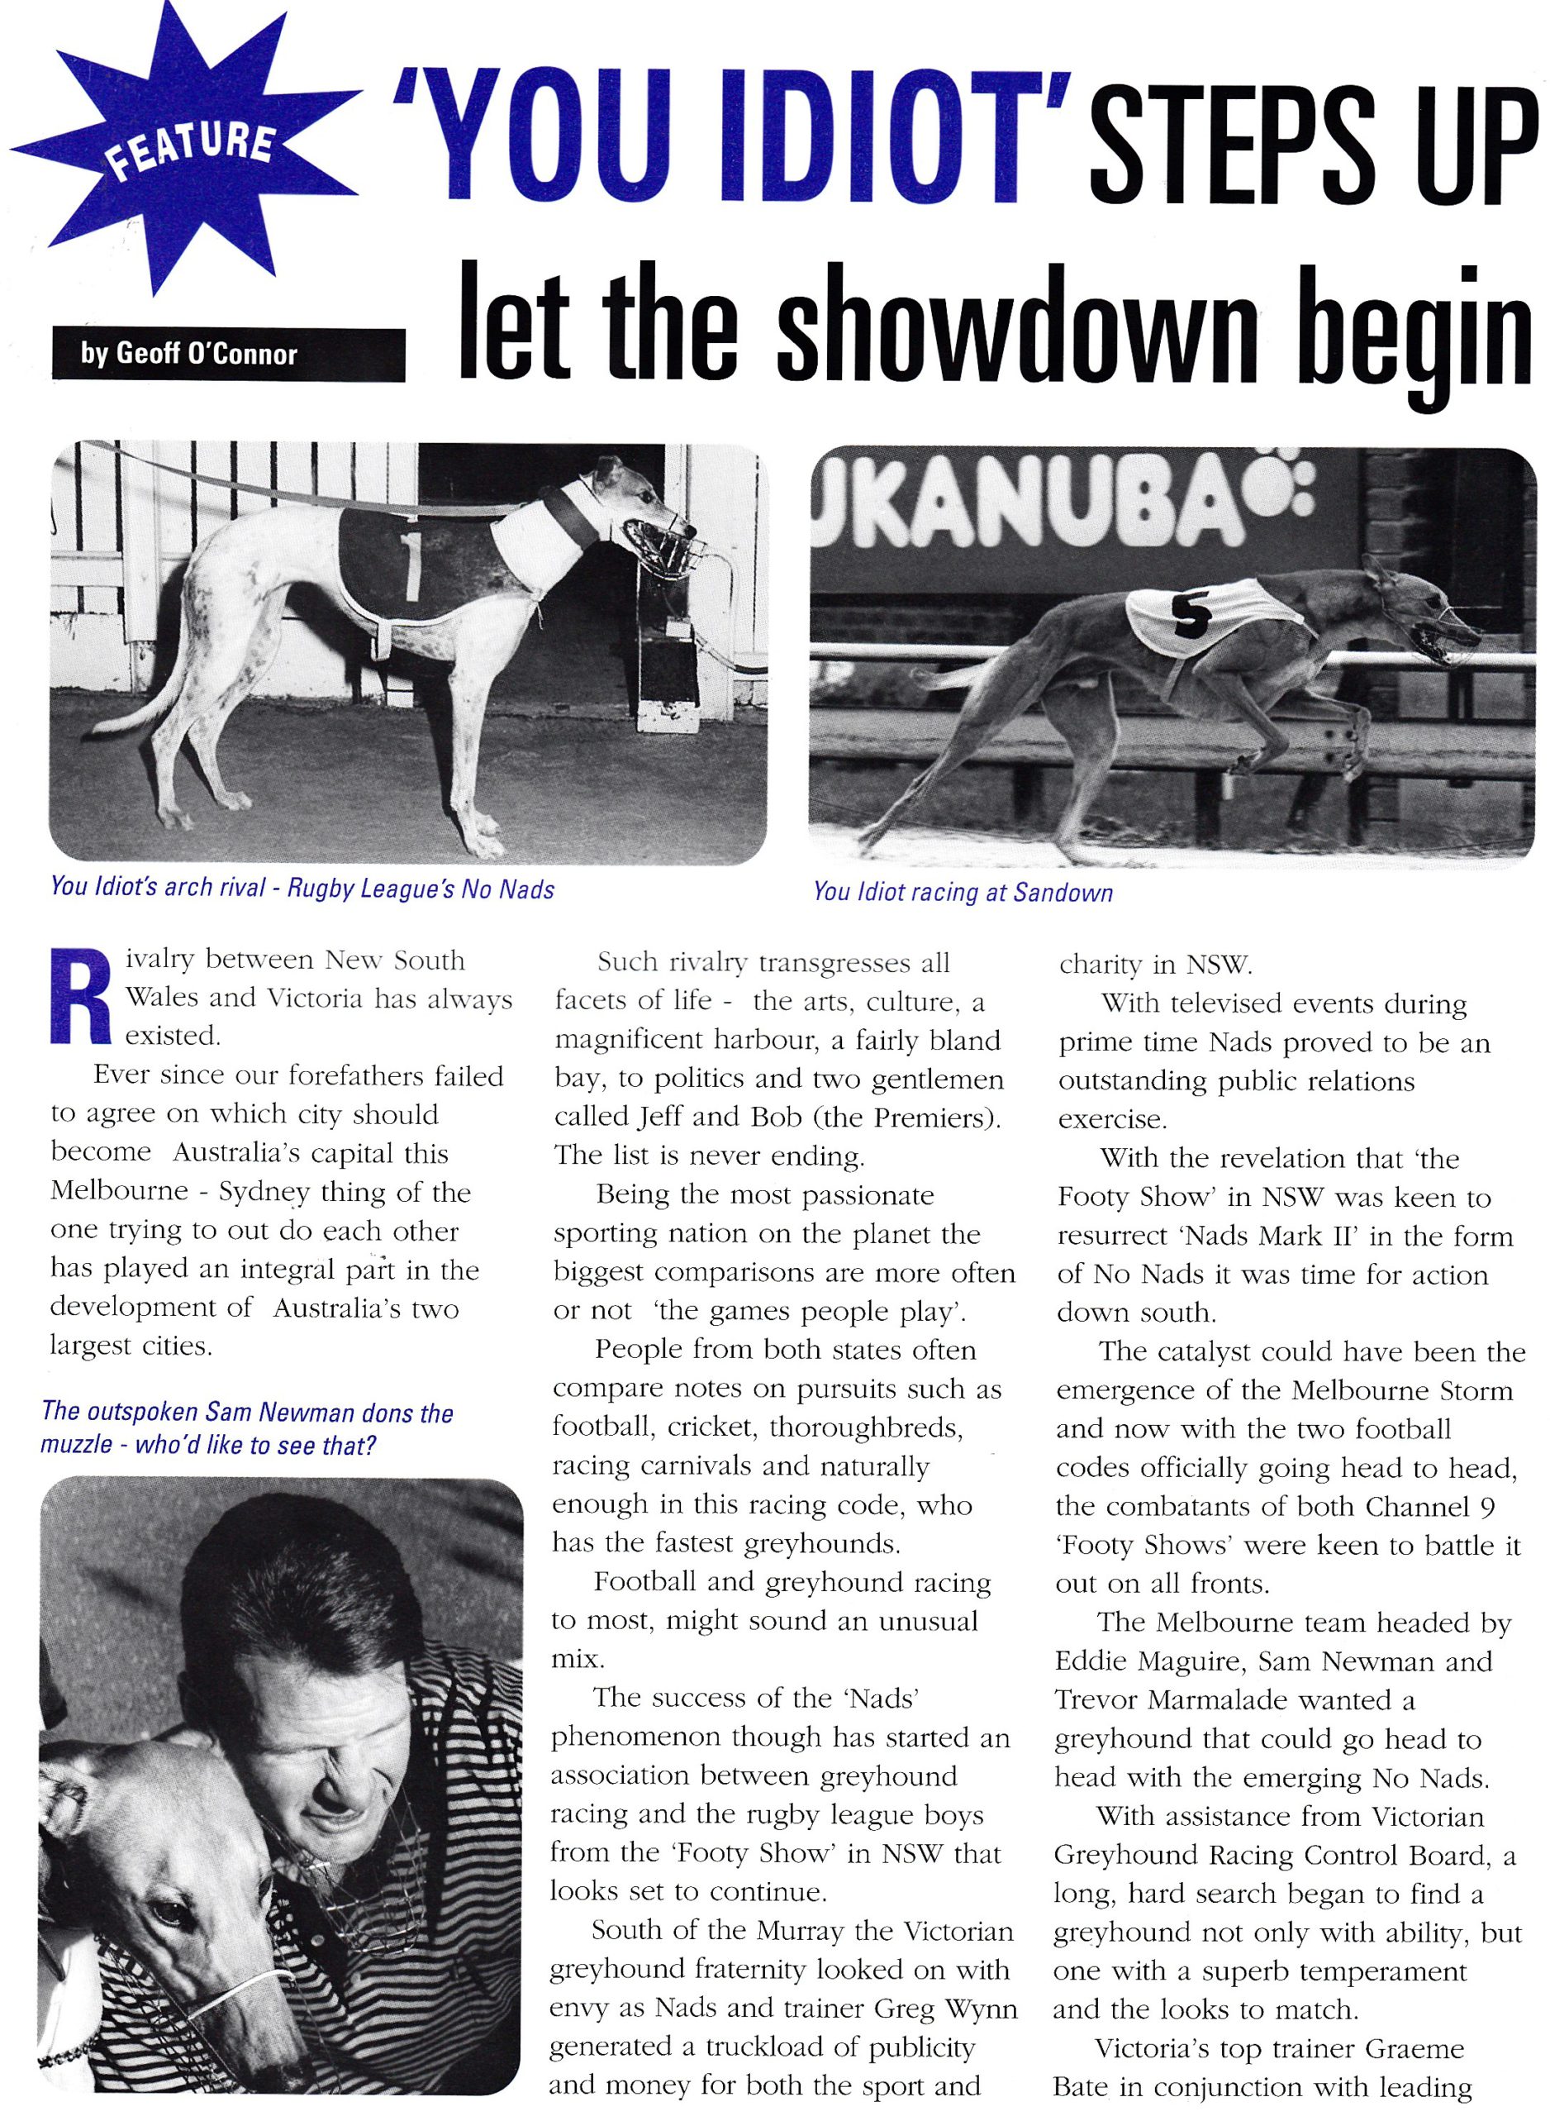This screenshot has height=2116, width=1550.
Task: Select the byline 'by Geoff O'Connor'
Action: tap(188, 354)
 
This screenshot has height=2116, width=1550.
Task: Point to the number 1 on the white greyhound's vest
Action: tap(410, 568)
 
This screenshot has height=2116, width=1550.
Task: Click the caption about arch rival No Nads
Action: tap(302, 888)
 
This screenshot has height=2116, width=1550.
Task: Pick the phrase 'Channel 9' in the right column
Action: tap(1432, 1506)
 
